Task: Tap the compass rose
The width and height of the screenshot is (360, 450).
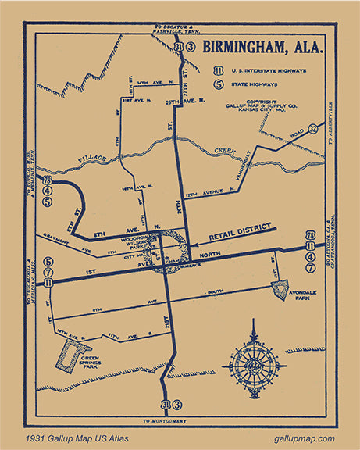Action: [x=253, y=364]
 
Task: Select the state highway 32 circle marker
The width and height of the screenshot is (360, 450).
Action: [x=312, y=128]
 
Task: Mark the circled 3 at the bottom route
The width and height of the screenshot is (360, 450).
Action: [x=177, y=404]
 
